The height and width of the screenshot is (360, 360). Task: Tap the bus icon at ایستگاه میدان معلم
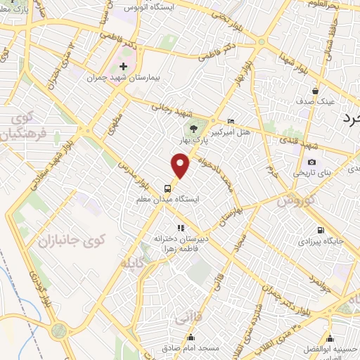point(167,188)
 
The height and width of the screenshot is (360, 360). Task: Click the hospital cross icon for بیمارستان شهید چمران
point(123,65)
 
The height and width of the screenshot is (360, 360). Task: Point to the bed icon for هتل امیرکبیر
point(231,121)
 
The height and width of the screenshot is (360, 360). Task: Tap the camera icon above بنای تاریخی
point(311,162)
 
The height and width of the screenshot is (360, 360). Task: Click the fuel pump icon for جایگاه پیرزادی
point(321,230)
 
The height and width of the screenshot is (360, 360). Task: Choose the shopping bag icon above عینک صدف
point(316,91)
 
